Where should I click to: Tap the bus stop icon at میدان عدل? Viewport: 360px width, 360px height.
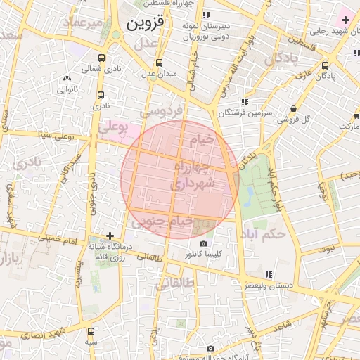(x=159, y=62)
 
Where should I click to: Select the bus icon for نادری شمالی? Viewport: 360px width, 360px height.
(x=101, y=58)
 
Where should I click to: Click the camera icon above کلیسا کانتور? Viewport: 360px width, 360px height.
(x=204, y=243)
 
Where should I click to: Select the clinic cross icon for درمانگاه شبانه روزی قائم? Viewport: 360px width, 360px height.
(x=110, y=236)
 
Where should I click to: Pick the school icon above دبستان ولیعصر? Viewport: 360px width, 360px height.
(x=268, y=274)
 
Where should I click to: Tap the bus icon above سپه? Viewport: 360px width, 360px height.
(x=91, y=330)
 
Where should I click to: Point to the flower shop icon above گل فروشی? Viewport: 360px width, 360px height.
(x=292, y=108)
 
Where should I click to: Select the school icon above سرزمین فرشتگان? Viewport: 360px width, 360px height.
(x=244, y=101)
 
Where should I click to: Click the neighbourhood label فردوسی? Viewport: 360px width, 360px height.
(x=161, y=110)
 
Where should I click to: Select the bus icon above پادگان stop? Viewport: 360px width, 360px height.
(x=324, y=65)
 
